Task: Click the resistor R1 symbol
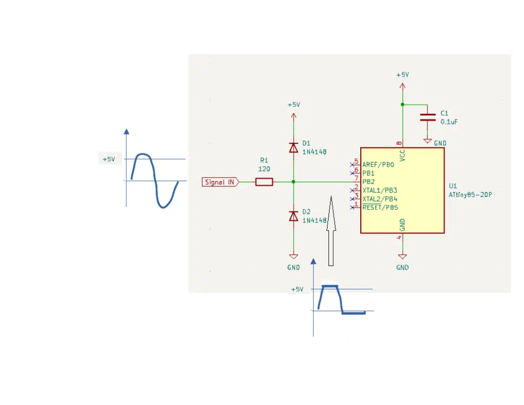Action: tap(264, 182)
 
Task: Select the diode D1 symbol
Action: tap(293, 147)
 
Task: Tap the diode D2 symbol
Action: tap(293, 216)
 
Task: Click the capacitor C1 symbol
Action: tap(427, 117)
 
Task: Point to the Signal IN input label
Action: tap(221, 182)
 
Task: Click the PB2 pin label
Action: tap(368, 182)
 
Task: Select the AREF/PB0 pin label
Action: tap(378, 164)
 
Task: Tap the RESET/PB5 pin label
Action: tap(380, 207)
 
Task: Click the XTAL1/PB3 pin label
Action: tap(380, 190)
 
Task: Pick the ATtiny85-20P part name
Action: tap(470, 195)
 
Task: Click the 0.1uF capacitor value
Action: tap(449, 122)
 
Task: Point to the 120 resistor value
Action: tap(264, 169)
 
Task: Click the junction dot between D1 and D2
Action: tap(293, 182)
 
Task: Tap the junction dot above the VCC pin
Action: tap(402, 104)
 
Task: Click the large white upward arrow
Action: tap(331, 231)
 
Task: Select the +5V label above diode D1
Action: tap(294, 104)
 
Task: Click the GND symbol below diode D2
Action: tap(293, 257)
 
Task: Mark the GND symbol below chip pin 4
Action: tap(402, 257)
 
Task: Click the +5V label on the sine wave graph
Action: tap(108, 159)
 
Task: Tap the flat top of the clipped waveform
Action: tap(330, 286)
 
